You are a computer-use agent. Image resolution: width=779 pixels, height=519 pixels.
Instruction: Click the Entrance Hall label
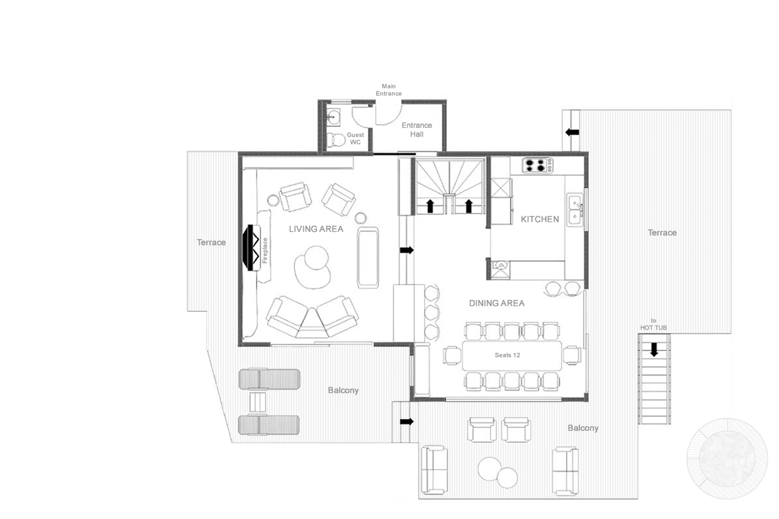pos(416,129)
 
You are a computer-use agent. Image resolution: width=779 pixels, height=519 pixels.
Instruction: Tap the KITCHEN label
pos(540,219)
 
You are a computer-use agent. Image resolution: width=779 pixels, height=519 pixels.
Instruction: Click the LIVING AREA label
pos(316,229)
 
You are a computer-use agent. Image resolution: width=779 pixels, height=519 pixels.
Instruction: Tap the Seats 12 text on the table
pos(507,355)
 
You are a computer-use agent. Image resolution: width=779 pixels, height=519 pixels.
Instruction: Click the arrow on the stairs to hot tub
pos(654,349)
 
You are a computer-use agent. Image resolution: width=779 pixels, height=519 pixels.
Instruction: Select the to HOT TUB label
pos(653,324)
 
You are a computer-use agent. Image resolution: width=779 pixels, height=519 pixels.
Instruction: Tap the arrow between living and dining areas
pos(407,250)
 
